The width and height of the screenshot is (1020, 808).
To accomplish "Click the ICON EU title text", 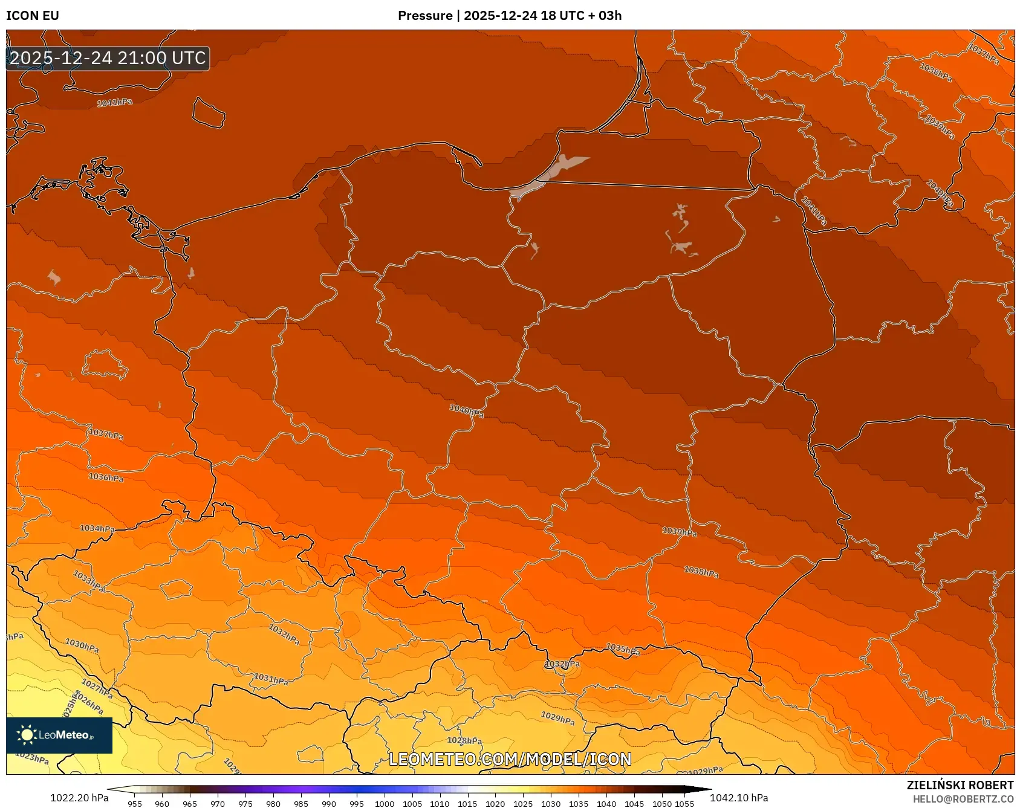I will (33, 16).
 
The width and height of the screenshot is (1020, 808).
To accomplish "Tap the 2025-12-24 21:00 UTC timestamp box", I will (108, 58).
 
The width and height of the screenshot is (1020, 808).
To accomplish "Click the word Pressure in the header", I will (424, 16).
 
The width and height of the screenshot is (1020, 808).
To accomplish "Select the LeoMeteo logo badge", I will (59, 735).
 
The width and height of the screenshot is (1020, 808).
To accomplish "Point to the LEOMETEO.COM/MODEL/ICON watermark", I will (510, 760).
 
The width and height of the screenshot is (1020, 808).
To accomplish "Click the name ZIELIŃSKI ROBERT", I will (960, 785).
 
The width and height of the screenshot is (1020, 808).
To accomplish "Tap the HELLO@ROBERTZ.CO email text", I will (963, 799).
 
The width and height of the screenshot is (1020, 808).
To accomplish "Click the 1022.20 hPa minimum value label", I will (79, 798).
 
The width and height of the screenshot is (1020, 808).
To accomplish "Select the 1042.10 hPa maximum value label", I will (739, 798).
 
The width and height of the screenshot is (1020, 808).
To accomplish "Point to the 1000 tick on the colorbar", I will (384, 803).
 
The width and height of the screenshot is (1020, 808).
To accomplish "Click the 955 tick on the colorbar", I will (135, 803).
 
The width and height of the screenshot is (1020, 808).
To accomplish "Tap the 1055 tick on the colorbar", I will (684, 803).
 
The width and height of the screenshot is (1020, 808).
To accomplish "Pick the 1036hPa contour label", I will (106, 477).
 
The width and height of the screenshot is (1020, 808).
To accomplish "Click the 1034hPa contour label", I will (97, 528).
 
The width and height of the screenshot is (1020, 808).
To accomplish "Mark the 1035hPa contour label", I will (623, 650).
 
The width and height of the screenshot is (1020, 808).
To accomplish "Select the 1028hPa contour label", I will (464, 741).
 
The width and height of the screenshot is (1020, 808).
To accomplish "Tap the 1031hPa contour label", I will (271, 679).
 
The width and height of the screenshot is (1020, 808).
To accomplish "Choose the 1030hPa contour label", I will (82, 646).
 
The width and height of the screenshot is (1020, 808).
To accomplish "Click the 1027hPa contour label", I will (97, 687).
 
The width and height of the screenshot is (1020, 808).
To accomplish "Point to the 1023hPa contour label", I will (31, 757).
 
